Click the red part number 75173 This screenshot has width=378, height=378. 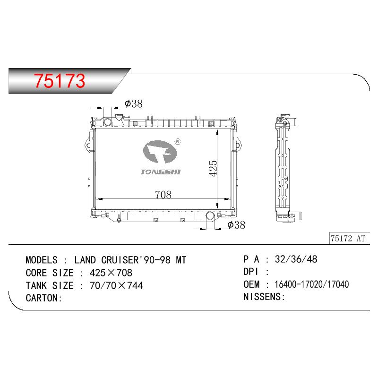pyautogui.click(x=60, y=80)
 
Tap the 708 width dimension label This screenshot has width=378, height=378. pyautogui.click(x=163, y=195)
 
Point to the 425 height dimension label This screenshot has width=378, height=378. pyautogui.click(x=213, y=168)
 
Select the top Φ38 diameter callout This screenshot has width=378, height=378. pyautogui.click(x=134, y=103)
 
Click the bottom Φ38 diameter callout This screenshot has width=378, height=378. pyautogui.click(x=236, y=225)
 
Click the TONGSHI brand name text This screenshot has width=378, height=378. pyautogui.click(x=161, y=172)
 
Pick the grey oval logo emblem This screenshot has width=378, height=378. pyautogui.click(x=160, y=152)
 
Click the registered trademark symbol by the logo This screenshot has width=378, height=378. pyautogui.click(x=178, y=141)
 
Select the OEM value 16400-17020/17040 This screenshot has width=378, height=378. pyautogui.click(x=312, y=284)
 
